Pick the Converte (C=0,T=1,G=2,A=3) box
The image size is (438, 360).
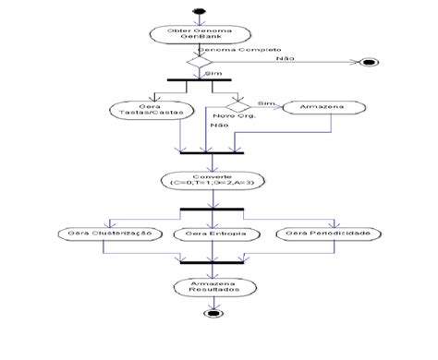click(x=213, y=181)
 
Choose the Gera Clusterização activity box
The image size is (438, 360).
click(x=108, y=233)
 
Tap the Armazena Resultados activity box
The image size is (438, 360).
click(x=213, y=287)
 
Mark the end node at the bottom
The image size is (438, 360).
click(x=213, y=313)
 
